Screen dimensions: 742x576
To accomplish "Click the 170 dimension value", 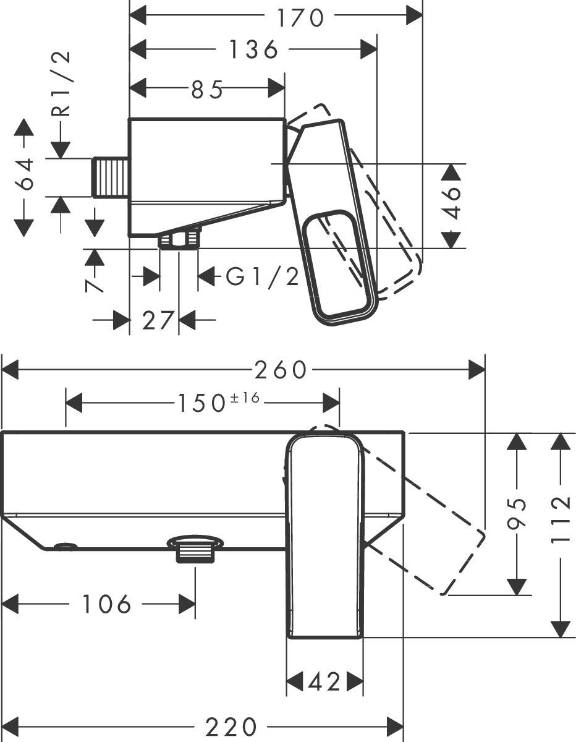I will (300, 17).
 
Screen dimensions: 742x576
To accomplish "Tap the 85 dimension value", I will (206, 90).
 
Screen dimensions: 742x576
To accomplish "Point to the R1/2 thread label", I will (62, 83).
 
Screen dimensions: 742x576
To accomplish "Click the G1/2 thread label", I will (262, 276).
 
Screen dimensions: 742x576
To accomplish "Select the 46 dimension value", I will (454, 202).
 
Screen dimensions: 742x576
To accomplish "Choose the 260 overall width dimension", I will (281, 370).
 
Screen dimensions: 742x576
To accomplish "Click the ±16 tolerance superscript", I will (245, 399).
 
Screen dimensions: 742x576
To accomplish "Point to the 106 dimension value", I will (106, 604).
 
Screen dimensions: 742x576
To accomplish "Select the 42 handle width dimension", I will (324, 682).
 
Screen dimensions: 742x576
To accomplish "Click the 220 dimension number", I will (231, 726).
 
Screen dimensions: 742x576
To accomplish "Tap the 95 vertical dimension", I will (520, 513).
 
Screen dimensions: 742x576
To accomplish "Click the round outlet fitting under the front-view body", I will (195, 548).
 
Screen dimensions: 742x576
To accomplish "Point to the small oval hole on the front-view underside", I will (65, 545).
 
